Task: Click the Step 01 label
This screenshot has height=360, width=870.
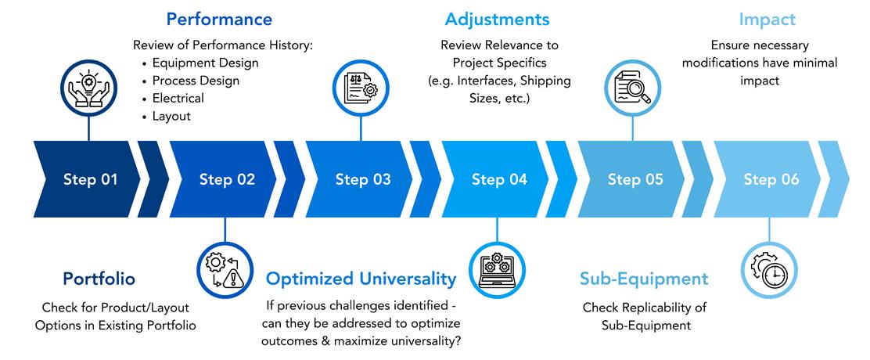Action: tap(91, 180)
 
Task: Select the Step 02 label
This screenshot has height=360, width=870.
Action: tap(227, 180)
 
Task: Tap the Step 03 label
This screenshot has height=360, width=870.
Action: tap(363, 180)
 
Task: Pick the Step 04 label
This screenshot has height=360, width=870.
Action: tap(499, 180)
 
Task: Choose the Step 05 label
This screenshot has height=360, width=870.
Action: tap(635, 180)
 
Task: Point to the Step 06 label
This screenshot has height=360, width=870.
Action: tap(771, 180)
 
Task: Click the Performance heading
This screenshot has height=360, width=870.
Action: tap(220, 19)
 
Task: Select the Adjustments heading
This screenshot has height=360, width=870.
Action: tap(498, 19)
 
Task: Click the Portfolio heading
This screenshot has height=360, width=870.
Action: tap(99, 279)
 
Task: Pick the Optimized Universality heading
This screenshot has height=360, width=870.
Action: tap(361, 279)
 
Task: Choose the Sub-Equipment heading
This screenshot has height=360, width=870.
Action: tap(644, 279)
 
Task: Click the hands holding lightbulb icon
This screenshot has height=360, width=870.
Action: tap(88, 89)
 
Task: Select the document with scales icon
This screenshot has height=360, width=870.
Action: tap(361, 89)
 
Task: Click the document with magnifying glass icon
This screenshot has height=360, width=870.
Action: tap(635, 89)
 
